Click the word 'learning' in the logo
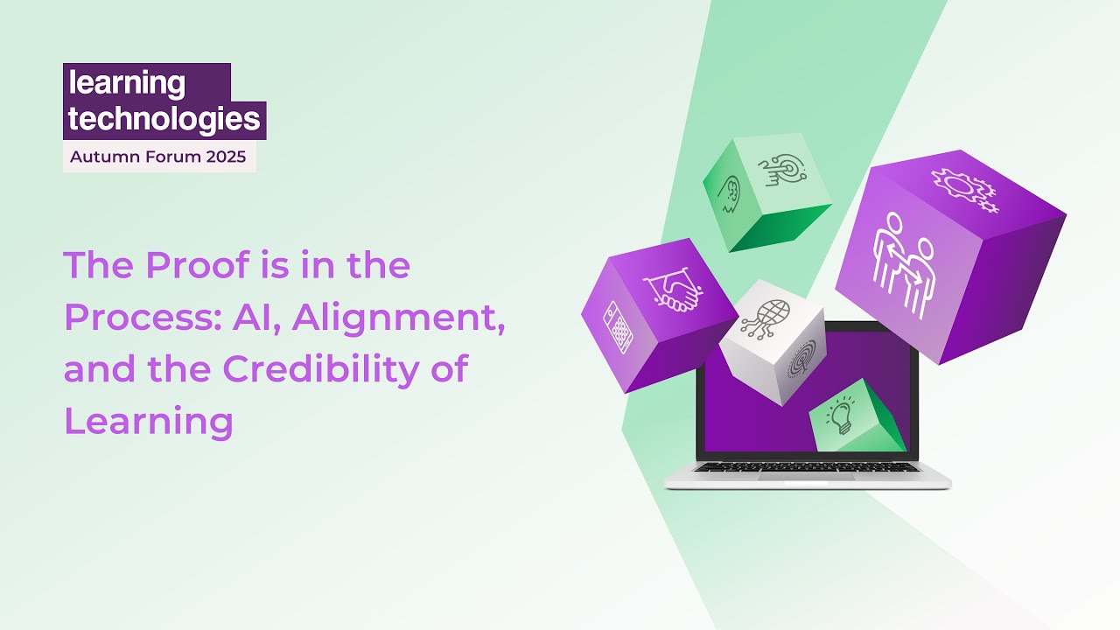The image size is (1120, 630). pos(127,84)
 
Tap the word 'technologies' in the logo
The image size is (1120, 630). pos(164,119)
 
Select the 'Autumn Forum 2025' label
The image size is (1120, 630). pos(158,157)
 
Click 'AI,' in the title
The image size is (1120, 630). pos(256,318)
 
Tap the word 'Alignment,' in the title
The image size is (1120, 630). pos(399,318)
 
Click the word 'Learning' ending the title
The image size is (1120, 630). pos(149,421)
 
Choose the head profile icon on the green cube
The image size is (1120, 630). pos(729,194)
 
